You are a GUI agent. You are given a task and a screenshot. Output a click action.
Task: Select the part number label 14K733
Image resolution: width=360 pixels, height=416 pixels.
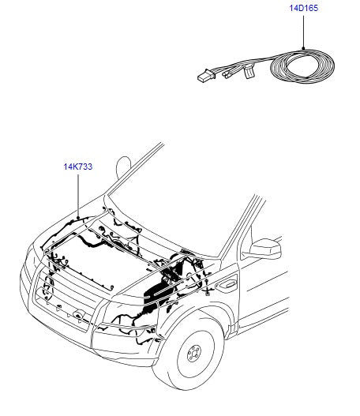coord(78,167)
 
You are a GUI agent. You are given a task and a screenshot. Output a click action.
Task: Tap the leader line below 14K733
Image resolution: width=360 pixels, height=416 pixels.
coord(78,194)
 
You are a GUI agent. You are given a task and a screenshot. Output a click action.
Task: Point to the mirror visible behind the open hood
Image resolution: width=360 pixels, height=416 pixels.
coord(122,167)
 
